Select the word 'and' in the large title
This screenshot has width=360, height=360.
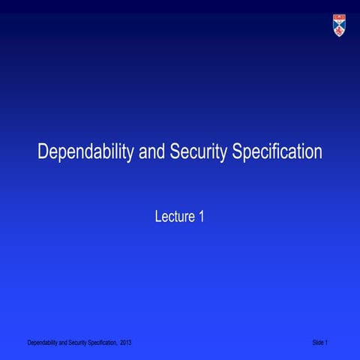click(x=145, y=152)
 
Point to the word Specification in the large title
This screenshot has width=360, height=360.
click(x=277, y=153)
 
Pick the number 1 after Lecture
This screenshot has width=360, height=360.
click(x=201, y=217)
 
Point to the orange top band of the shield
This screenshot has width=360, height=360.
click(x=339, y=18)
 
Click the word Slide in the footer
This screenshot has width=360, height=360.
click(x=319, y=343)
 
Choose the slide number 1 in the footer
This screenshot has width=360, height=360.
click(x=329, y=343)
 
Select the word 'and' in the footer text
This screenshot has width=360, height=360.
click(x=61, y=343)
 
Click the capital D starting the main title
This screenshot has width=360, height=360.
click(x=43, y=152)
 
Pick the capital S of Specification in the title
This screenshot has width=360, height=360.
click(x=238, y=152)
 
